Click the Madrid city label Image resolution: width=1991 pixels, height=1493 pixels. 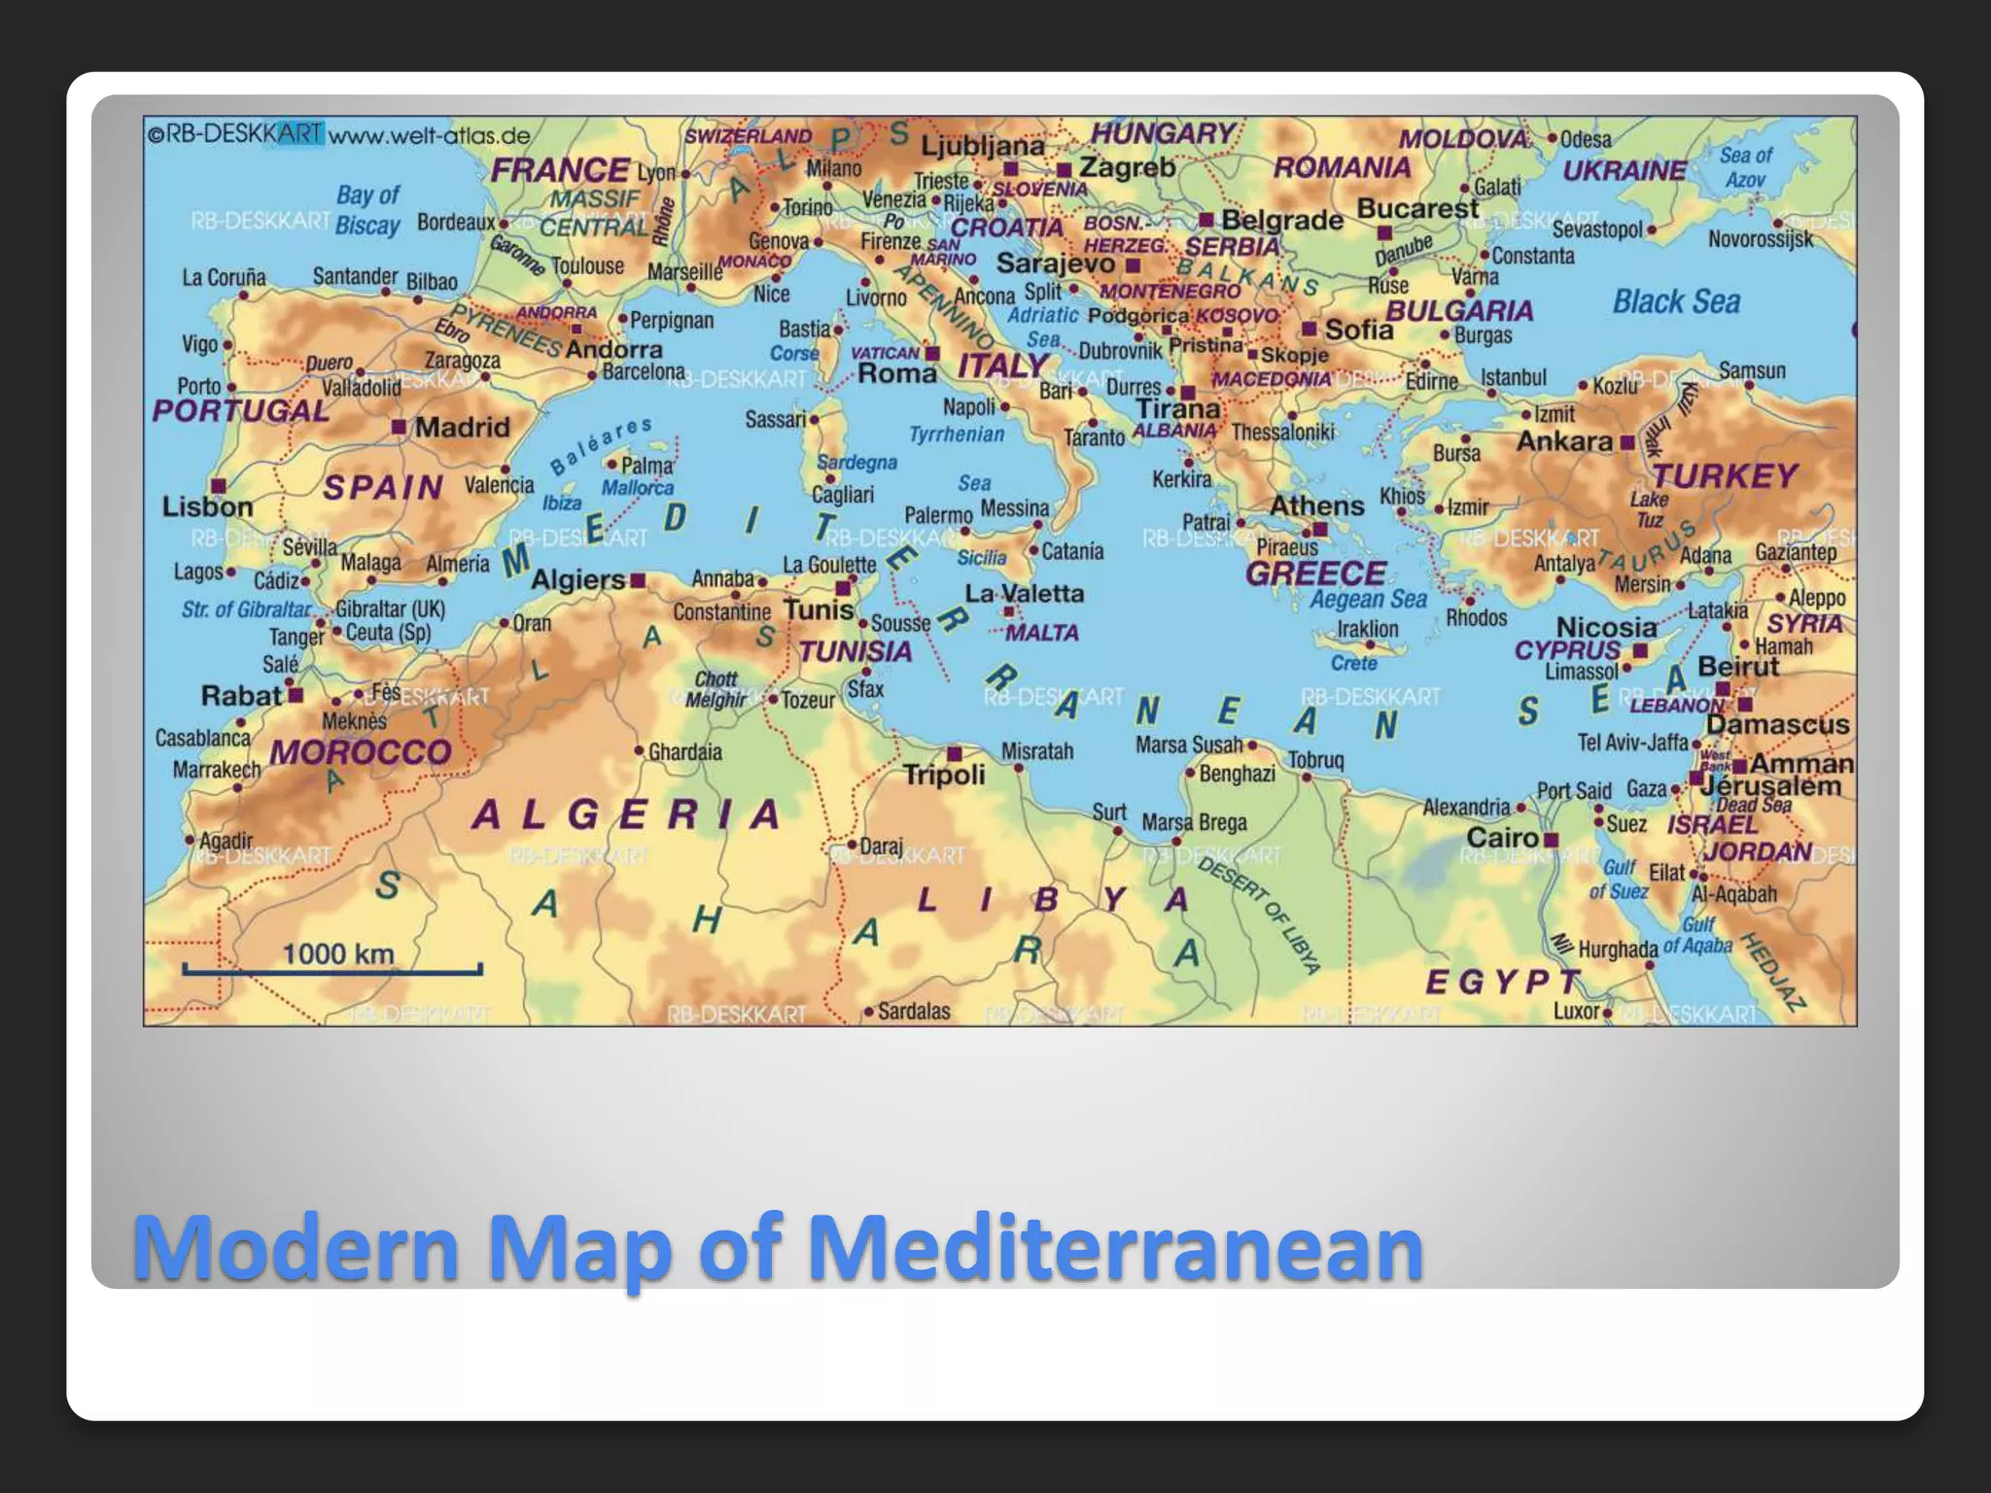point(462,428)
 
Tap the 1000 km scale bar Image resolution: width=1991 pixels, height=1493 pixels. point(332,968)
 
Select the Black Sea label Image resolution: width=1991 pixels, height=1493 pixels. point(1676,302)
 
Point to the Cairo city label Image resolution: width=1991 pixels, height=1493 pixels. point(1502,838)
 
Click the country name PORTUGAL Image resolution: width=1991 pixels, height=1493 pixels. point(240,411)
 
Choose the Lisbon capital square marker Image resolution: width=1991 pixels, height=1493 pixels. point(219,486)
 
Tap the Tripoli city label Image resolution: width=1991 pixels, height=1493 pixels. point(944,776)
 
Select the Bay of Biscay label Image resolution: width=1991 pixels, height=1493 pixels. point(367,210)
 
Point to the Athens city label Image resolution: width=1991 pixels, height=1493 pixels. point(1316,506)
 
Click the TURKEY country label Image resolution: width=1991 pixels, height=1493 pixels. point(1725,476)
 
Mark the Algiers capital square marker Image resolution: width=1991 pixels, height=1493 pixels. point(638,580)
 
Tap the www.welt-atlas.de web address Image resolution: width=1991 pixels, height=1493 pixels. point(429,135)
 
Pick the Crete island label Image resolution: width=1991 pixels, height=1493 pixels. point(1353,663)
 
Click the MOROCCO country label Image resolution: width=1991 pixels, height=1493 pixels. point(360,752)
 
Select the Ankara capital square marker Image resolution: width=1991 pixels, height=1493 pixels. point(1627,442)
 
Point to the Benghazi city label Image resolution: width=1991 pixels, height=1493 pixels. point(1237,775)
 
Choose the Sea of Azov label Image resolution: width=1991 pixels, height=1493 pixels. point(1745,167)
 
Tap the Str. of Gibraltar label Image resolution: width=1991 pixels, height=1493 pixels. point(246,610)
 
